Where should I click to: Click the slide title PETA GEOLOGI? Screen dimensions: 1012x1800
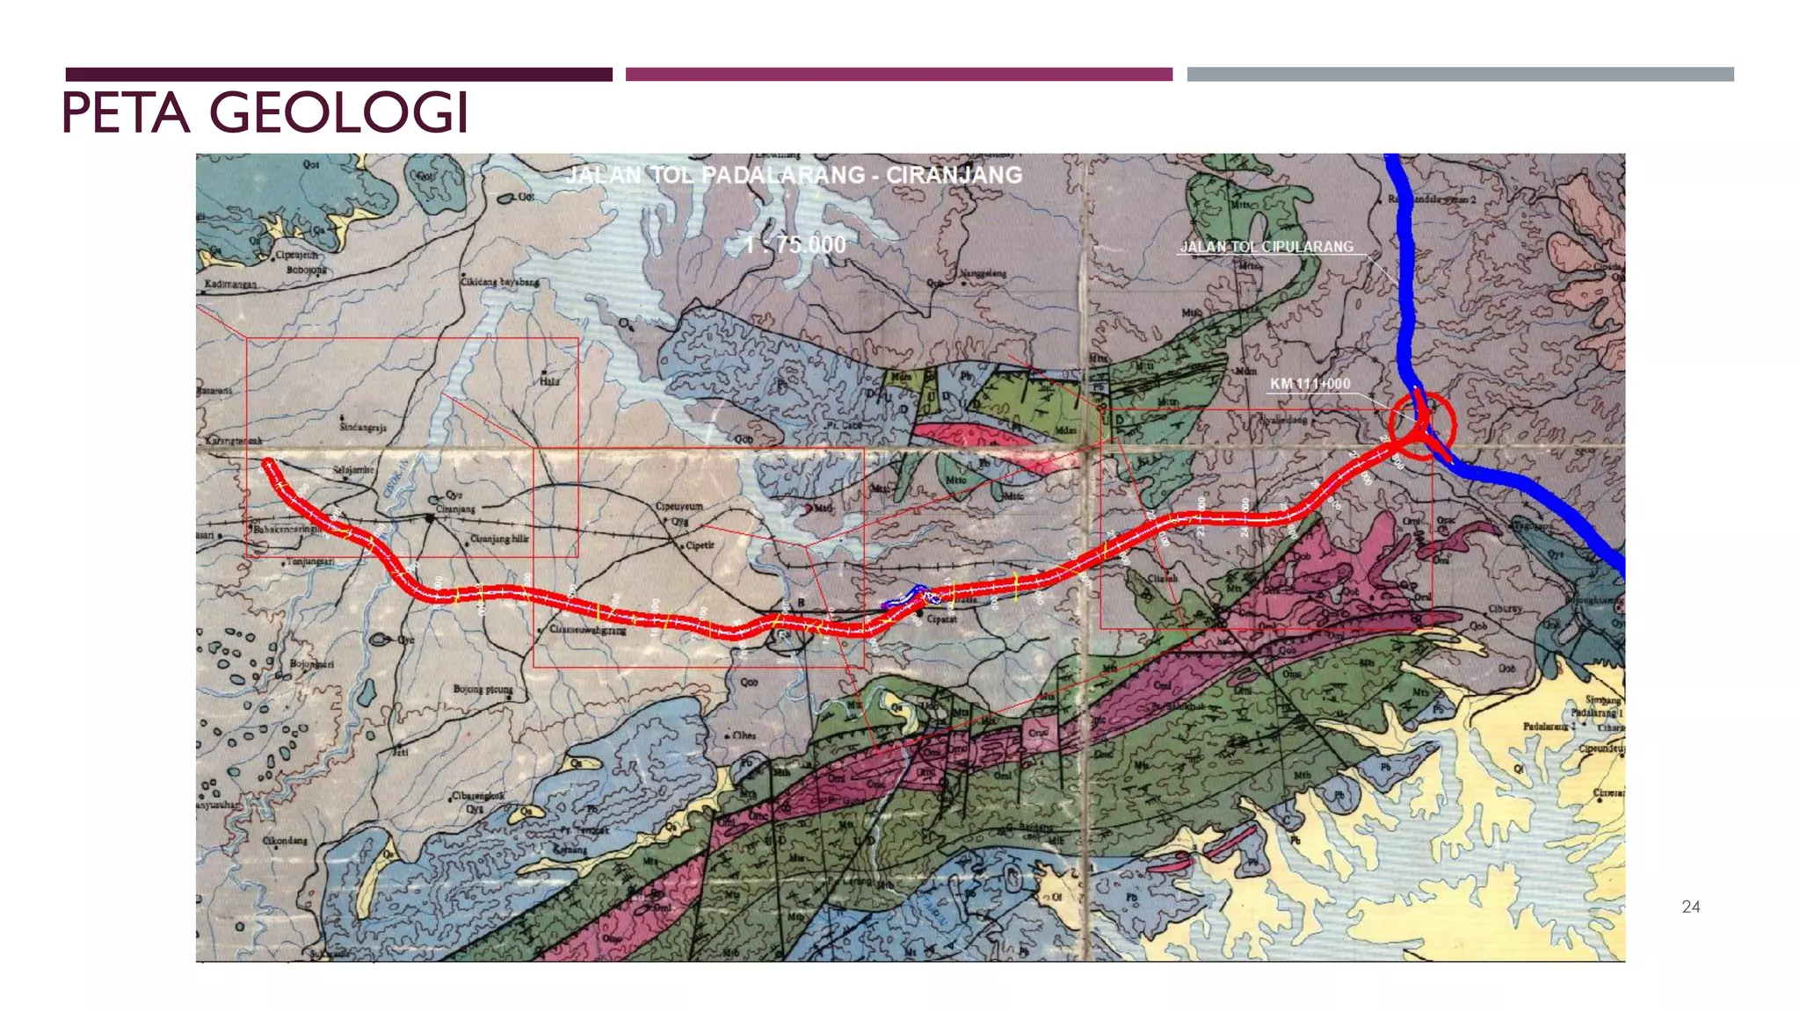(x=265, y=113)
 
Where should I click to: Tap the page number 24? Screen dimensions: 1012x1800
(x=1690, y=907)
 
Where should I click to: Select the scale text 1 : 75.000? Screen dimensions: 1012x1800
(x=795, y=244)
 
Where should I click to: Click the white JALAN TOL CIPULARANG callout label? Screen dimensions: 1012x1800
(x=1267, y=247)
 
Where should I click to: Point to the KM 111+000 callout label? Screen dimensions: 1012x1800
(x=1310, y=384)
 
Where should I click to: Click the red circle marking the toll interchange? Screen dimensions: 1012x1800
(x=1422, y=427)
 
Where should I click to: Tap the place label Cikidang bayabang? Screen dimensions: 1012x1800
(x=500, y=282)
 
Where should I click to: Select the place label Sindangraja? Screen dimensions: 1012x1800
(x=363, y=427)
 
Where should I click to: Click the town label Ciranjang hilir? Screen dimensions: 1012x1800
(x=498, y=539)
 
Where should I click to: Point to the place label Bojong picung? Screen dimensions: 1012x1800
(x=483, y=690)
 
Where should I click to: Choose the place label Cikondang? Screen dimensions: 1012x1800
(x=285, y=841)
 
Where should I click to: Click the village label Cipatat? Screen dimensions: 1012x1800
(x=941, y=618)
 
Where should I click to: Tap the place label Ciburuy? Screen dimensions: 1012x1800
(x=1505, y=609)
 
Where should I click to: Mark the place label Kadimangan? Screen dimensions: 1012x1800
(x=230, y=285)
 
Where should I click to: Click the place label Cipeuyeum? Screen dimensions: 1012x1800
(x=679, y=507)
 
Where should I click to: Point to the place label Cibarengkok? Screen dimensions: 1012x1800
(x=478, y=796)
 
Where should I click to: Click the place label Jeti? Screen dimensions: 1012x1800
(x=401, y=752)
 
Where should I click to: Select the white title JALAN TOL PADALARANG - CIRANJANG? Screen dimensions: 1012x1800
(x=794, y=175)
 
